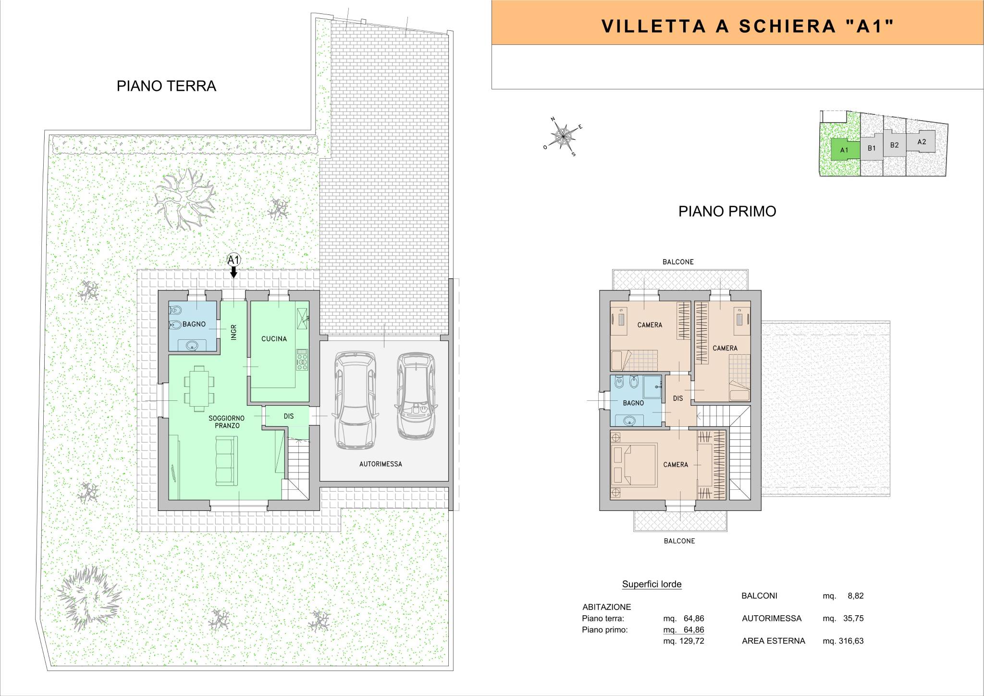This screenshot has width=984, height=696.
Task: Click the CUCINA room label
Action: (x=274, y=339)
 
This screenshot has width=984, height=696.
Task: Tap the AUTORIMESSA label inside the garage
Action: (x=381, y=464)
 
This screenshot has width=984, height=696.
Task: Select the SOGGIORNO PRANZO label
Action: (x=227, y=422)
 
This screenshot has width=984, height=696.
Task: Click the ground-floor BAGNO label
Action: (x=194, y=324)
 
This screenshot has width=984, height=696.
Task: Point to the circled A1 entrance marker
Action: (x=234, y=260)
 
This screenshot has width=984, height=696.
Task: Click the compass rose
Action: (x=563, y=137)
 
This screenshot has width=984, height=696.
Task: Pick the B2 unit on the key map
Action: (x=894, y=145)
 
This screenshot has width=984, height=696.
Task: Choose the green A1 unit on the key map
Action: (x=844, y=150)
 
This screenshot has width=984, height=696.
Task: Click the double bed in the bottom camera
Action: (x=633, y=465)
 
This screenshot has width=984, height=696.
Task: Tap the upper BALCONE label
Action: (x=678, y=262)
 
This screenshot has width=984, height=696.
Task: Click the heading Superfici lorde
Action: (x=652, y=584)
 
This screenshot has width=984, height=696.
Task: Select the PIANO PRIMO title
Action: (x=727, y=211)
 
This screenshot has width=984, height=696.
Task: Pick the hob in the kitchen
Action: (x=302, y=360)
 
